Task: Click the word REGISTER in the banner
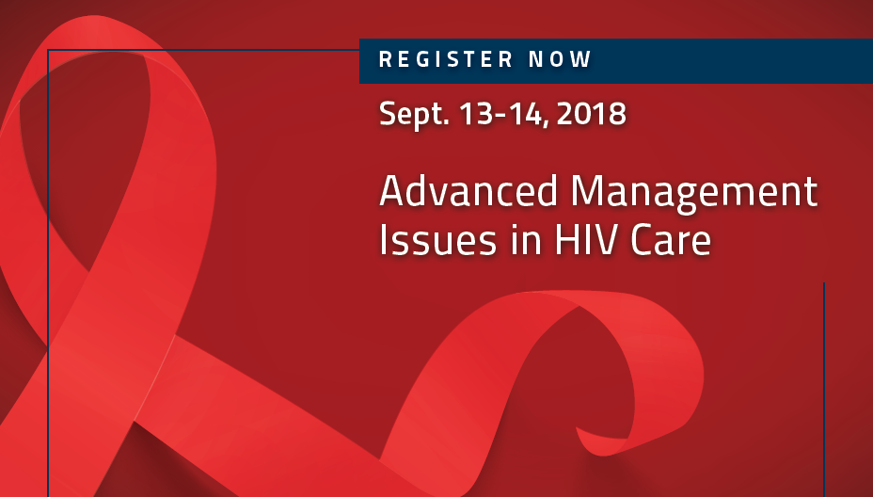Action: pos(445,59)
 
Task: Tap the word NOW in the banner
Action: pos(560,59)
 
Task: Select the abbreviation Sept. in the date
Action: pos(414,115)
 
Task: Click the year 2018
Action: pos(592,114)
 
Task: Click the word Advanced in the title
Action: pos(468,190)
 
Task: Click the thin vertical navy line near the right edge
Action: pos(823,390)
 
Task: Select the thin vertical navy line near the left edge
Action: pos(48,273)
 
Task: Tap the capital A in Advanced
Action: pos(393,191)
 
